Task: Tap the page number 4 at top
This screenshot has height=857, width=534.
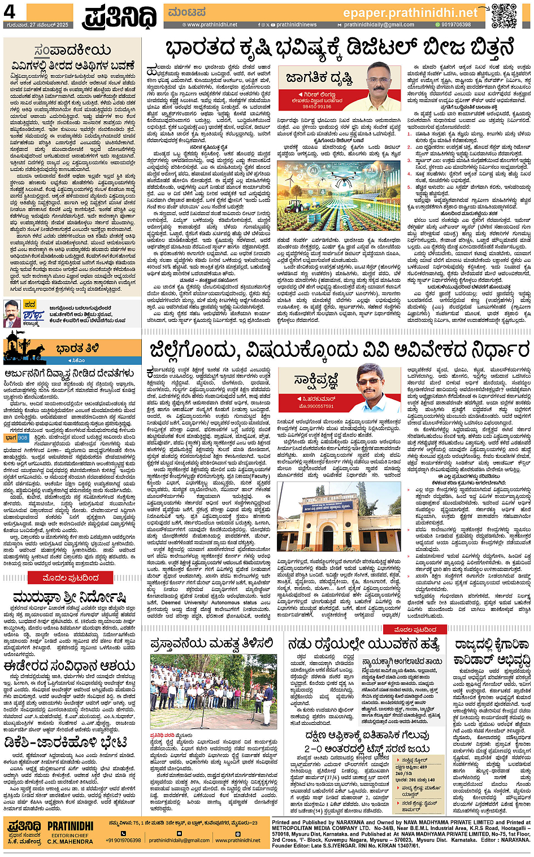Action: coord(10,12)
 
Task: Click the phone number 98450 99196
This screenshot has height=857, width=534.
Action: coord(317,106)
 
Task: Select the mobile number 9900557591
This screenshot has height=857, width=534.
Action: coord(316,406)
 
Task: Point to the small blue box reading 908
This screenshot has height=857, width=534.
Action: coord(23,438)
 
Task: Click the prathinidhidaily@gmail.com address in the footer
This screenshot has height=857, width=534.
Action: coord(179,840)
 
